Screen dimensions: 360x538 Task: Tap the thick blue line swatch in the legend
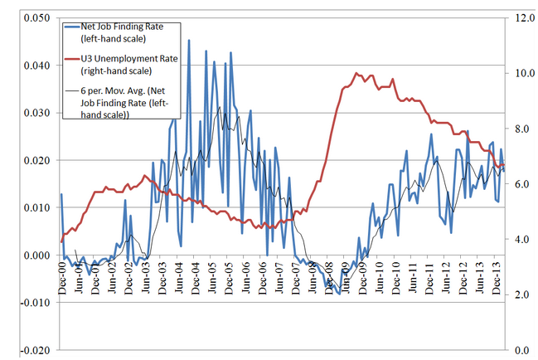71,27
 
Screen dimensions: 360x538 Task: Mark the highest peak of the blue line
189,39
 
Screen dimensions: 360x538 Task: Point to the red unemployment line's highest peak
356,73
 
